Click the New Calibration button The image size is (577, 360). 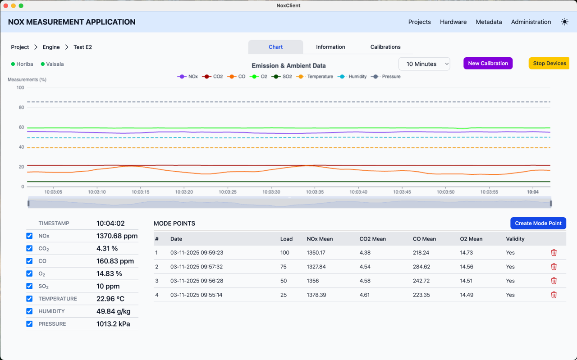(488, 64)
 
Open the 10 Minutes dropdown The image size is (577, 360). (424, 64)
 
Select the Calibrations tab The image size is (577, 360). (385, 47)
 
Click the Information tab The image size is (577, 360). (330, 47)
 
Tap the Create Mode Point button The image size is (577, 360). (538, 223)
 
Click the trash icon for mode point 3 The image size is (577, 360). (554, 281)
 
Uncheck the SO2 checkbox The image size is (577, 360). (30, 286)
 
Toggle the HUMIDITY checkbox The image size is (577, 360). (30, 311)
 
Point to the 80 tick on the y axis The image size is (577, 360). (21, 107)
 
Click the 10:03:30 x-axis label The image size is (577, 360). (271, 192)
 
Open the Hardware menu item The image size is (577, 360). (453, 22)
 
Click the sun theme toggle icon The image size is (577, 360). (564, 22)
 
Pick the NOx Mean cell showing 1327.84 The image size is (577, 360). (316, 267)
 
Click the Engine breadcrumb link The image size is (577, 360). (51, 47)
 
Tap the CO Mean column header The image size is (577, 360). (424, 239)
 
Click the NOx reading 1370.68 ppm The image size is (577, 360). (117, 236)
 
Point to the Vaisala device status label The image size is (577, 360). (55, 64)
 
